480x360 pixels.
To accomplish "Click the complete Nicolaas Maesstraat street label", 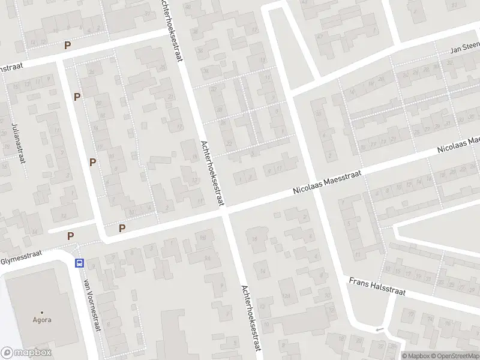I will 327,182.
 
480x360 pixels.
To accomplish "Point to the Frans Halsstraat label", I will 378,286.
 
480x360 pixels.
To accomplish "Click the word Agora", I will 42,320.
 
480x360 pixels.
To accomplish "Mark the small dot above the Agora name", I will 42,312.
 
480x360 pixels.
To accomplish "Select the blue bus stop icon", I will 79,263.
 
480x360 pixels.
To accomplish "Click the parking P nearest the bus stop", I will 71,236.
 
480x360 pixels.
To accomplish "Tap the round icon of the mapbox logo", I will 7,353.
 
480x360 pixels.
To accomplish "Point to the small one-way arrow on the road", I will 378,329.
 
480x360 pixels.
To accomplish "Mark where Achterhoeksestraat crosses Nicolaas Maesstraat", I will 225,210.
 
